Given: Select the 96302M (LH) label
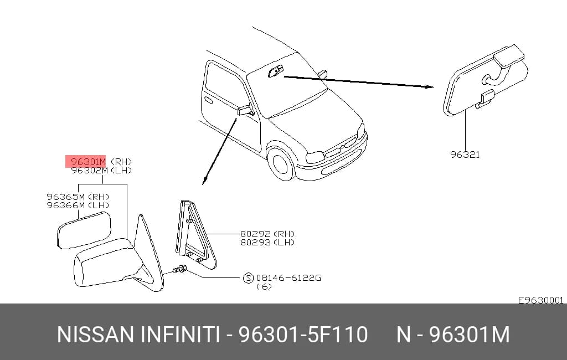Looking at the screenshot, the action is (102, 171).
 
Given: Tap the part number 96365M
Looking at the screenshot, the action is (66, 197).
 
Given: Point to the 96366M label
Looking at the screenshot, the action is (66, 205).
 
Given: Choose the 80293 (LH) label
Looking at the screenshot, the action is (267, 243).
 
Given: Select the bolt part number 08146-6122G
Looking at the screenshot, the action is (288, 278).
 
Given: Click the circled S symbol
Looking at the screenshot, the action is (248, 278).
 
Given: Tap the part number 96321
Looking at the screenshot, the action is (465, 155).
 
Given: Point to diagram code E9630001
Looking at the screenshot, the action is (541, 300).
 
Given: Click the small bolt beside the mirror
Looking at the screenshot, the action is (179, 269).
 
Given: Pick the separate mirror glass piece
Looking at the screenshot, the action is (84, 230).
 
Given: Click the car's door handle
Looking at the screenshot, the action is (209, 100).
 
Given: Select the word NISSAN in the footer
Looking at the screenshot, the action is (95, 334).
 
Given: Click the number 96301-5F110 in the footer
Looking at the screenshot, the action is (303, 334).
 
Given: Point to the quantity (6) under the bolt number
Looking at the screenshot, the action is (264, 286).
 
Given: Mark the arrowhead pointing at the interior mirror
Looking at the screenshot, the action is (429, 86).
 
